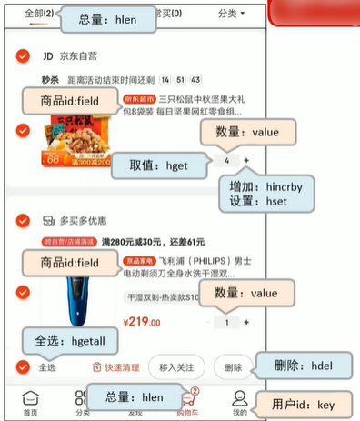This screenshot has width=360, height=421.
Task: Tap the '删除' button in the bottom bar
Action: click(232, 367)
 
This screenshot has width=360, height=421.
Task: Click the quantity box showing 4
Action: click(225, 160)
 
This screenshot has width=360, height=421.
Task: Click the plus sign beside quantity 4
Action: click(246, 160)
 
